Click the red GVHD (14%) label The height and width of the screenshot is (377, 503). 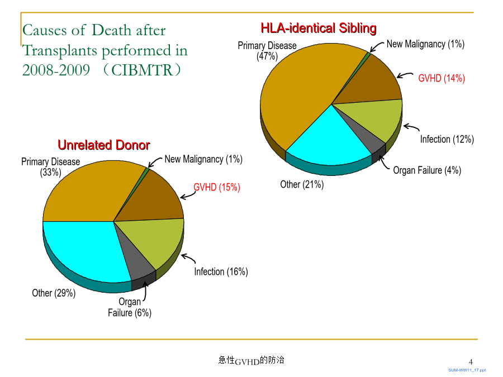coord(442,78)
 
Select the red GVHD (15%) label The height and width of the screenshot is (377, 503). coord(216,187)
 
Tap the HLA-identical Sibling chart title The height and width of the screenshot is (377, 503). coord(318,28)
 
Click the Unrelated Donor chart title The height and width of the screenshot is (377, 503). coord(103,145)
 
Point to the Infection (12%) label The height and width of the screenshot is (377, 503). coord(447,140)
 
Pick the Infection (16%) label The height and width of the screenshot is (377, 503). coord(221,272)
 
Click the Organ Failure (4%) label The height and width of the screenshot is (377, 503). coord(427,170)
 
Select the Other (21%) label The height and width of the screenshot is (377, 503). coord(302,185)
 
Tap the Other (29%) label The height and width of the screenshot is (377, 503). coord(54,293)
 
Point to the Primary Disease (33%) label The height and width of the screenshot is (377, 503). coord(50,167)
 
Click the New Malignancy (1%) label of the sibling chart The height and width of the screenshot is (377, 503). coord(425,44)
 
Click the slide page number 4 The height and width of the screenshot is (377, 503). coord(471,362)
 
